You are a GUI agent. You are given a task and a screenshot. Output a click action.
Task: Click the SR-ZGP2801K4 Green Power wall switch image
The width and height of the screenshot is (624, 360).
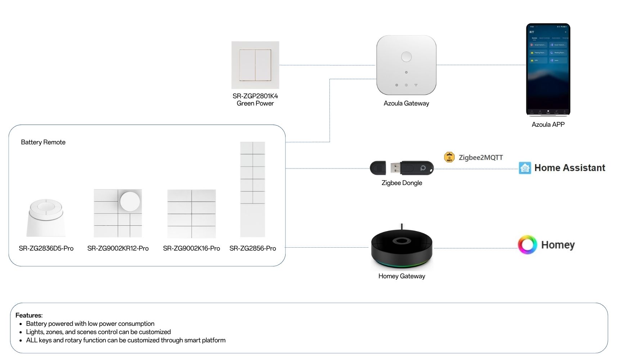[255, 65]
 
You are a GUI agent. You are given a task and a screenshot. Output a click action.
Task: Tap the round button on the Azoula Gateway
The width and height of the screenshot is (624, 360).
[406, 57]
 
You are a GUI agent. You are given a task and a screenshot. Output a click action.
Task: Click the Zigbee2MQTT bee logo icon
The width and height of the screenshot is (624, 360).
[449, 157]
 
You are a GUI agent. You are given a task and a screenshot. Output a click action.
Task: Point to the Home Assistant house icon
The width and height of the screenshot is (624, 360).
[525, 168]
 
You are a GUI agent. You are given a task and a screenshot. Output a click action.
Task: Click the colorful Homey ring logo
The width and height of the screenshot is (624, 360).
[527, 245]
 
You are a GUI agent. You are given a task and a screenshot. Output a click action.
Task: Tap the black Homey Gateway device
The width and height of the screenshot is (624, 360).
[402, 248]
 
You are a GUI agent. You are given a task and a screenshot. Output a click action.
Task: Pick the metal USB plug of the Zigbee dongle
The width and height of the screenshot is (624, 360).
[395, 168]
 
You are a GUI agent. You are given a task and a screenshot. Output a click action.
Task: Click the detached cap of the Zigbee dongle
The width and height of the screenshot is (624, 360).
[378, 168]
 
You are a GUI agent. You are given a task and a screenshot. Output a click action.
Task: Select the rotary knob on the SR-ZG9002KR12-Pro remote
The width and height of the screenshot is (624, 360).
[130, 201]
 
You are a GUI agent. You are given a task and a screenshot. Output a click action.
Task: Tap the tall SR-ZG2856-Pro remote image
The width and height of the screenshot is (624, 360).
[252, 189]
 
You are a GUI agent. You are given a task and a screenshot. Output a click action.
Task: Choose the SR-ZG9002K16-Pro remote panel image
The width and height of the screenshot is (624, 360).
[192, 213]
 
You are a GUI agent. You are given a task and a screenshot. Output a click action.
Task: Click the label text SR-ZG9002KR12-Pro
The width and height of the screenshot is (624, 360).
[118, 248]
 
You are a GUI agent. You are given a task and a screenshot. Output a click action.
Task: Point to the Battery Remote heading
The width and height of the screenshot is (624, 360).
[43, 142]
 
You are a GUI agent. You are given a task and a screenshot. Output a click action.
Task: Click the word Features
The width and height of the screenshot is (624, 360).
[29, 315]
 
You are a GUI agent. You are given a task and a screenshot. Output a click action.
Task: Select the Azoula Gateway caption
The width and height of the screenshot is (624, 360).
[406, 103]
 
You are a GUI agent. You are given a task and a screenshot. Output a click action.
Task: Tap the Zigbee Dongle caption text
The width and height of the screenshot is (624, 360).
[402, 183]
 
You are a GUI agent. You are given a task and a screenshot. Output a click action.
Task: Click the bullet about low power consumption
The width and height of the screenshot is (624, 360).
[90, 324]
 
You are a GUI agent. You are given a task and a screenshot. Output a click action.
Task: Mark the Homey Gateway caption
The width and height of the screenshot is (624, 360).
[402, 276]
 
